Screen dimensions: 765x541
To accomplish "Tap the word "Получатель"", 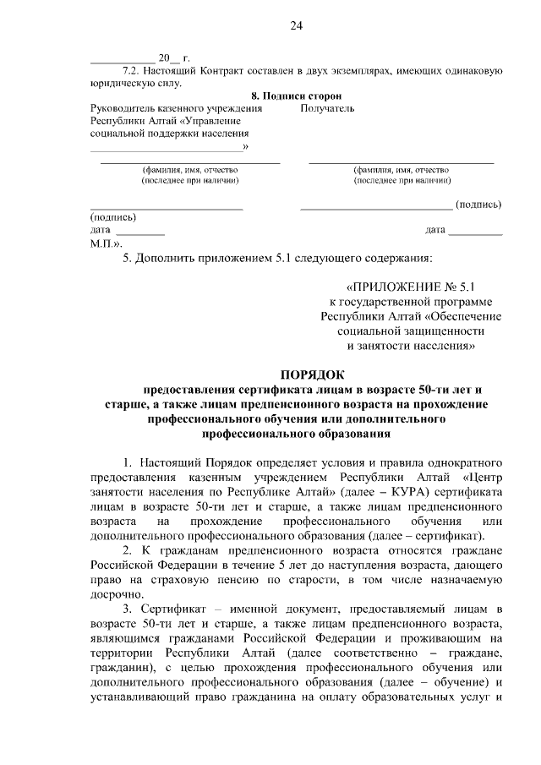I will pos(327,109).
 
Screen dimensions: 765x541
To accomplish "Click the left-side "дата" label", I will pos(100,230).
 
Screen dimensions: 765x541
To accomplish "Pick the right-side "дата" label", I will pos(435,230).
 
